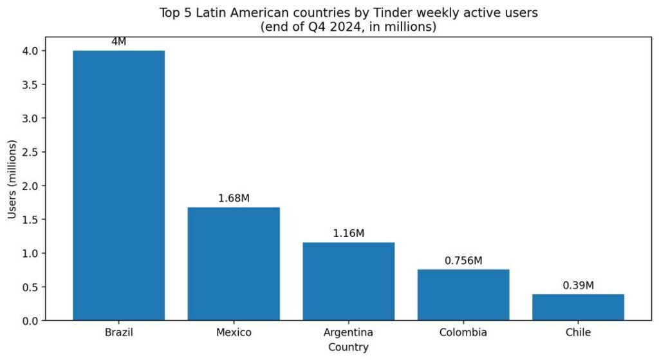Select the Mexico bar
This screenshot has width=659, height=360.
coord(234,263)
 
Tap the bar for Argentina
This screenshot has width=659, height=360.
coord(348,281)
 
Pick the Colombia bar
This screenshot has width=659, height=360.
coord(463,294)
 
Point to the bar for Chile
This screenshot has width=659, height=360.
coord(578,307)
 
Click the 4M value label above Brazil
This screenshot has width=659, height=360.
coord(118,42)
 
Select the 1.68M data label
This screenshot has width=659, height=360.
coord(234,198)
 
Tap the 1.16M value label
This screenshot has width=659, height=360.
coord(348,233)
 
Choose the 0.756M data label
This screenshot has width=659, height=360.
coord(463,261)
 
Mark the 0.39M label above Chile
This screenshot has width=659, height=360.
coord(578,285)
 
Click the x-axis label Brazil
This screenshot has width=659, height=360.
coord(118,333)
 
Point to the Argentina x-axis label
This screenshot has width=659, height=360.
coord(348,333)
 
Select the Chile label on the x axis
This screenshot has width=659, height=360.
coord(578,333)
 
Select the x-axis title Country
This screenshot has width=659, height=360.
coord(348,348)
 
